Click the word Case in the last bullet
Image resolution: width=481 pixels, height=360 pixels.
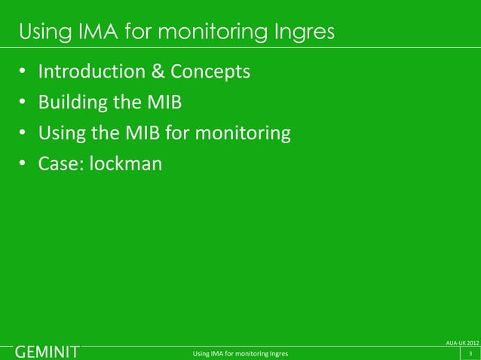pos(59,163)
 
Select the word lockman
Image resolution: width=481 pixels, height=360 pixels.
pos(125,163)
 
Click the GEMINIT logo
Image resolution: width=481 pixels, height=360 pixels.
pos(47,352)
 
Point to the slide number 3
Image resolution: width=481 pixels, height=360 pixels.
pos(470,353)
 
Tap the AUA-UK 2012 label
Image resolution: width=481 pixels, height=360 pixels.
pos(462,343)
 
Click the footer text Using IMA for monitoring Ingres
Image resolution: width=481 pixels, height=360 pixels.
pos(240,353)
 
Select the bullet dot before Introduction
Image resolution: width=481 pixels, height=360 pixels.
pos(23,74)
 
